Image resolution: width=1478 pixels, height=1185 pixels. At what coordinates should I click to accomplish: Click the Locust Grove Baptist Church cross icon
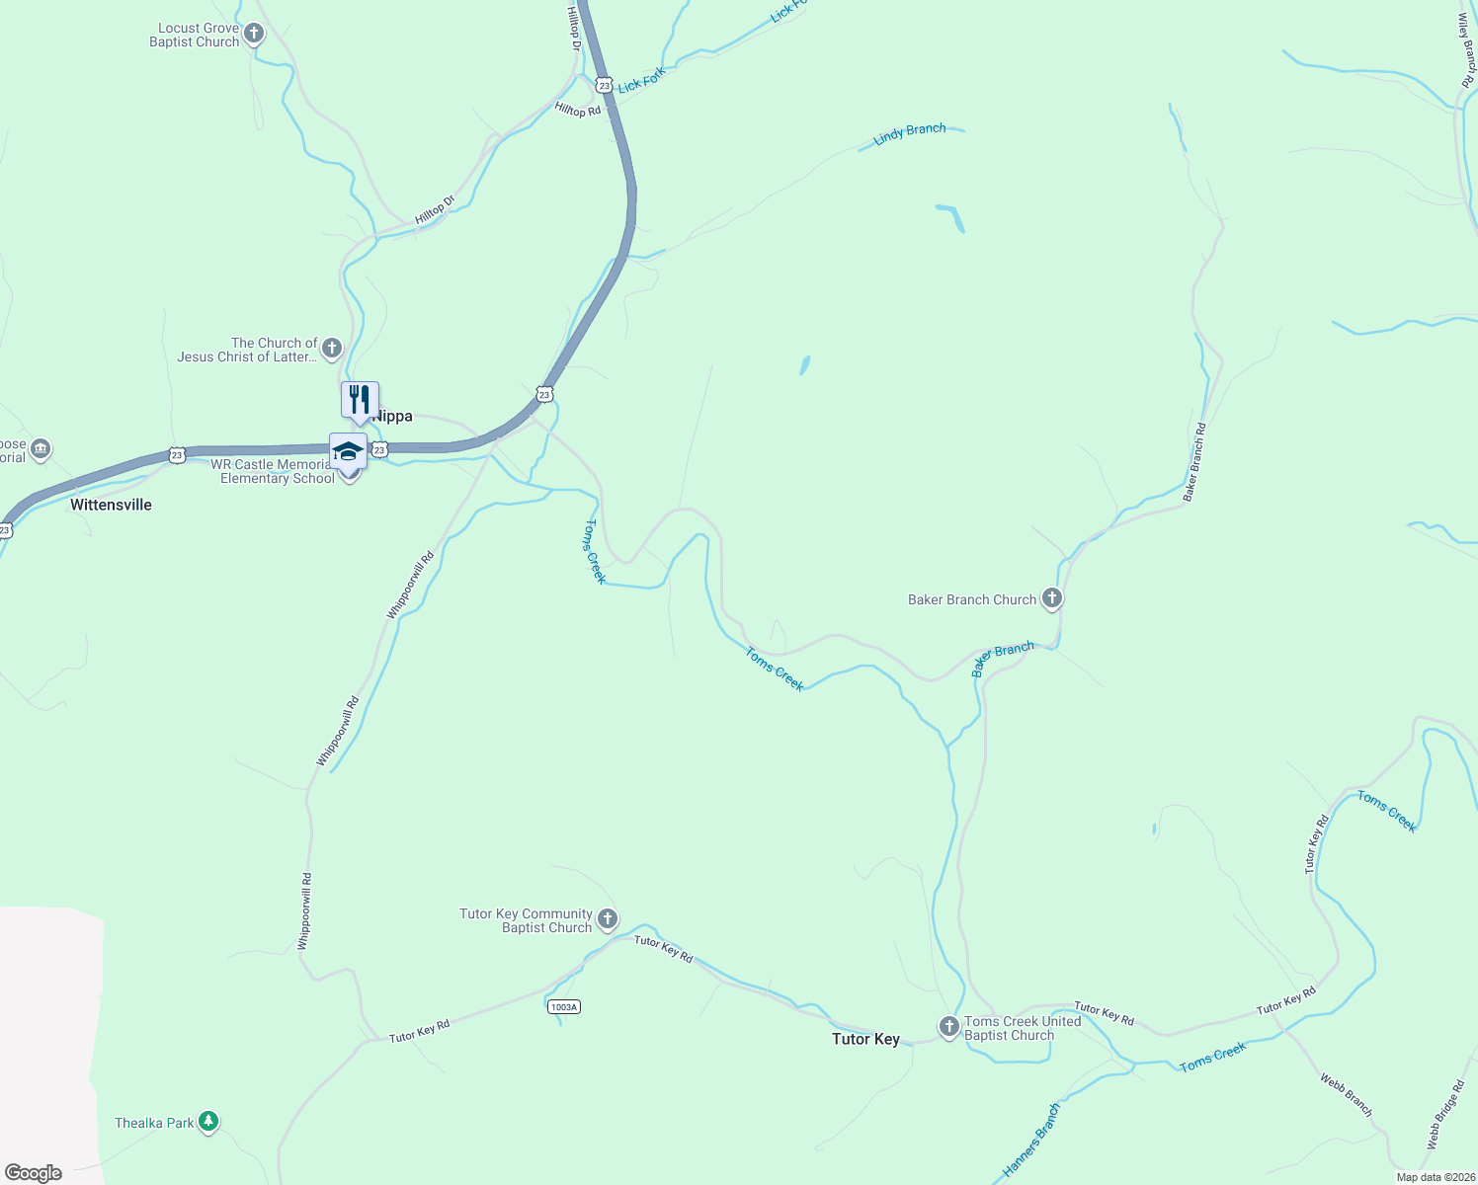[x=254, y=35]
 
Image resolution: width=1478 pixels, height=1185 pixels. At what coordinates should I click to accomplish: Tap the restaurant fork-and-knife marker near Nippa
[x=360, y=400]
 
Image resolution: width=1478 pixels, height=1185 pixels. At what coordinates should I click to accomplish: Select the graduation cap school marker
[x=348, y=452]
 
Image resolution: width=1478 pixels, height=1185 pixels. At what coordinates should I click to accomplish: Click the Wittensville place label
[x=111, y=505]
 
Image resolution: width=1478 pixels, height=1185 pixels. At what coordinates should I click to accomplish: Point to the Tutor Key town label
[x=865, y=1039]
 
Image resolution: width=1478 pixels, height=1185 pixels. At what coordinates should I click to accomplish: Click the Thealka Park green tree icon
[x=207, y=1122]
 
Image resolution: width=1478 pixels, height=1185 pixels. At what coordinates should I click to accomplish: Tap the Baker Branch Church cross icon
[x=1052, y=598]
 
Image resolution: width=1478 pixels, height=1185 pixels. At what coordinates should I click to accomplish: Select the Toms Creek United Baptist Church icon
[x=948, y=1027]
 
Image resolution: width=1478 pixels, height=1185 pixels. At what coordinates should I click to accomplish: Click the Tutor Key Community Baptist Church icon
[x=608, y=919]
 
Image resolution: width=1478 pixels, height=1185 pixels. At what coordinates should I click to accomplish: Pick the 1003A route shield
[x=563, y=1006]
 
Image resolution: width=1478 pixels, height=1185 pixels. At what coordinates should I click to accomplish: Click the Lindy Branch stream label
[x=909, y=133]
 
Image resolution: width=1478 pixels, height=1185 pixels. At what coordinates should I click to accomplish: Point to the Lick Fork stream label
[x=642, y=80]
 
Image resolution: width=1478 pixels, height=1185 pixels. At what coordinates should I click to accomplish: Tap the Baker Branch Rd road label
[x=1195, y=461]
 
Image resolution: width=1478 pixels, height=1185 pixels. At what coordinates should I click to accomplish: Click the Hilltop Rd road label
[x=578, y=110]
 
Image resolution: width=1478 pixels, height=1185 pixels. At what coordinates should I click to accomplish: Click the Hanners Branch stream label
[x=1030, y=1141]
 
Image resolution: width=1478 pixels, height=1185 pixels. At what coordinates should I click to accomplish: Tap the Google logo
[x=34, y=1173]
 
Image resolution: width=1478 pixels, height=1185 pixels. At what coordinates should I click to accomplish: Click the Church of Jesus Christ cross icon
[x=332, y=348]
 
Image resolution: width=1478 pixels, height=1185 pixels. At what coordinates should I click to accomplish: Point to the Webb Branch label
[x=1346, y=1095]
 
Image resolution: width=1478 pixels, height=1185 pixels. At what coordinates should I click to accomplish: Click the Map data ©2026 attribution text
[x=1436, y=1177]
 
